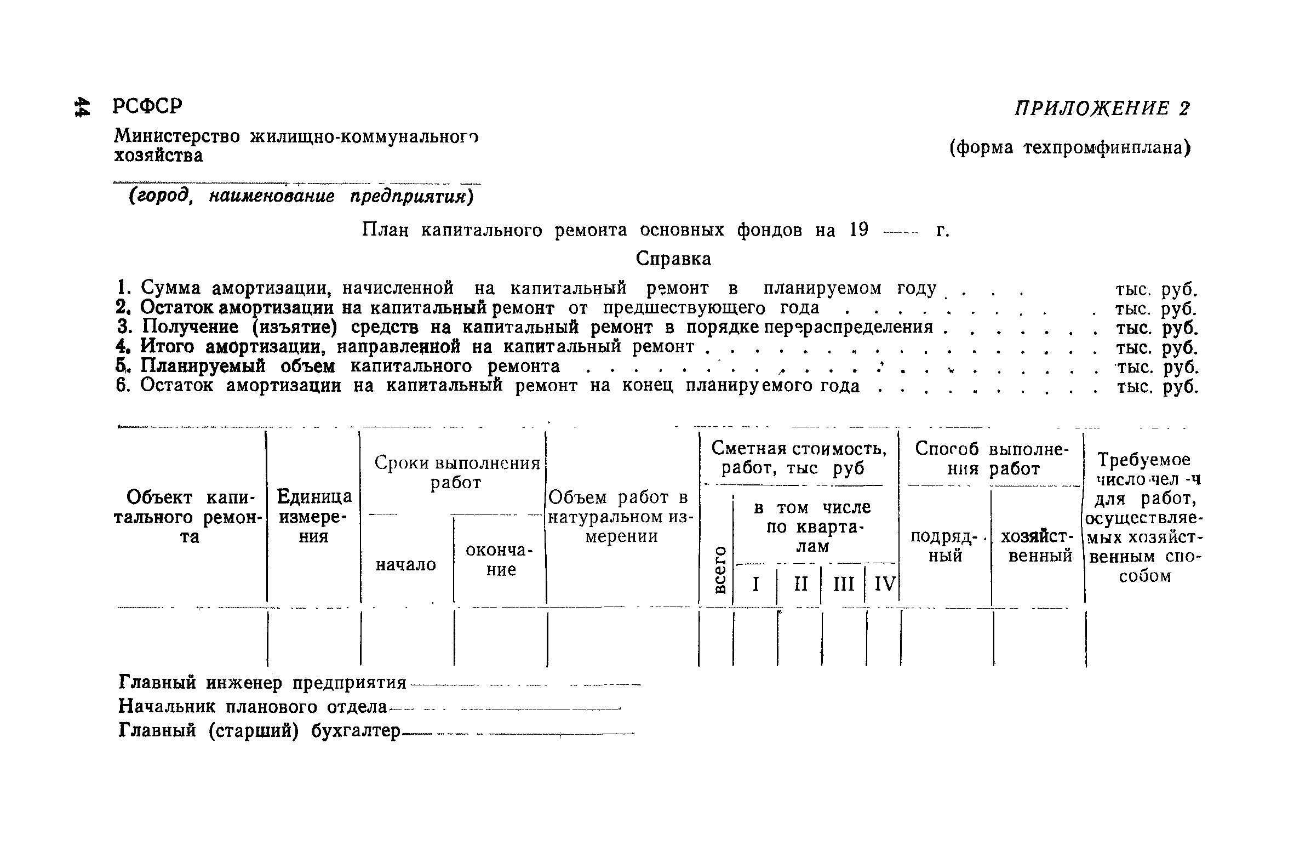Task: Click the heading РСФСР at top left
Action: pos(147,106)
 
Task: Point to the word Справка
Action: pos(673,259)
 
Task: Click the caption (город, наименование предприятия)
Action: pos(300,196)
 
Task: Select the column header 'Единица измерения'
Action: pos(314,517)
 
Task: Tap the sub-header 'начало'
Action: pos(406,564)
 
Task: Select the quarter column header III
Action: pos(844,584)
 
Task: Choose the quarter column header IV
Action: pos(884,584)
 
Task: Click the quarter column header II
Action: pos(801,584)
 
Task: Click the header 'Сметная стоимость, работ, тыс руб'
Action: pos(799,459)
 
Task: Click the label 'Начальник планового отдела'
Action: pos(253,707)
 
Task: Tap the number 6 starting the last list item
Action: pos(123,386)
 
